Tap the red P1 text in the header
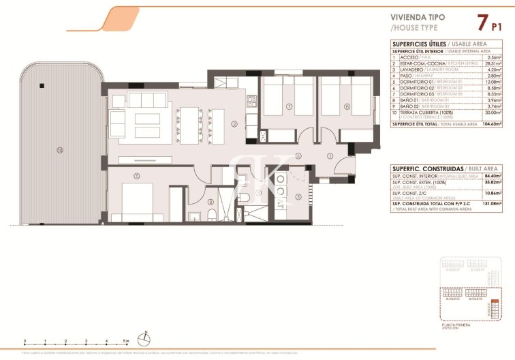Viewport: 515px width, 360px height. click(497, 27)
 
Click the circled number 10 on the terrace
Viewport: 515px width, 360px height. click(60, 149)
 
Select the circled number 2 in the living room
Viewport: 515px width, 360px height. click(234, 123)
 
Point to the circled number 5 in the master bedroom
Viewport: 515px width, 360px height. click(137, 176)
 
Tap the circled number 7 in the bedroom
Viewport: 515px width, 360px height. click(289, 106)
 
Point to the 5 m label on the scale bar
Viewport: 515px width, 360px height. click(127, 340)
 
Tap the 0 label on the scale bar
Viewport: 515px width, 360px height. click(25, 340)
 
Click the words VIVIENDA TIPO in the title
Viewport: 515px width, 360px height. click(416, 18)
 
